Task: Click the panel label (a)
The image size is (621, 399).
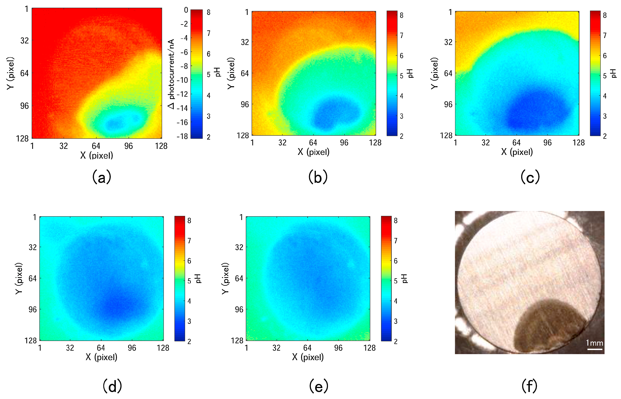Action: [x=102, y=177]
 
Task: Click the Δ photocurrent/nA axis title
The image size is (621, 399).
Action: [x=171, y=74]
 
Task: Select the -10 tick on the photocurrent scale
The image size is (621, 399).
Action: [x=182, y=80]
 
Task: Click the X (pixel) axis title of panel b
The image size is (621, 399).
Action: [x=314, y=152]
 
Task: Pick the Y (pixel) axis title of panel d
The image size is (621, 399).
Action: [x=19, y=278]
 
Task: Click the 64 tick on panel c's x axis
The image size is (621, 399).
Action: [x=516, y=143]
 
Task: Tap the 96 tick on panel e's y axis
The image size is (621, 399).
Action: [x=239, y=309]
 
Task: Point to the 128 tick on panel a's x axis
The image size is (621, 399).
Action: [x=161, y=146]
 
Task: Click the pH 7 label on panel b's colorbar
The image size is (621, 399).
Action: [x=401, y=36]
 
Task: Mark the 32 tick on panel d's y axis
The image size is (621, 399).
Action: [x=33, y=247]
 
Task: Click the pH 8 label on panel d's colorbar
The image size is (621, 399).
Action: [x=189, y=220]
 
